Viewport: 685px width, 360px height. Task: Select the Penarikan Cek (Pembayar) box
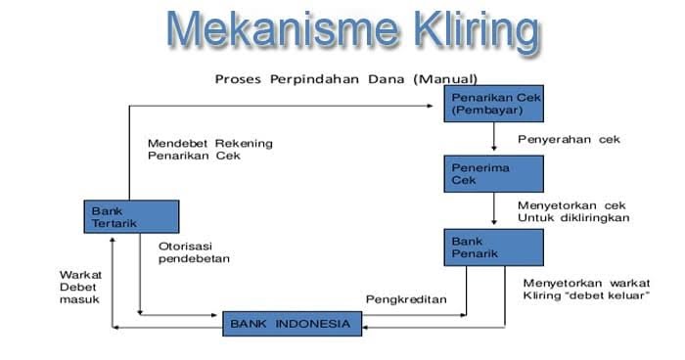click(495, 104)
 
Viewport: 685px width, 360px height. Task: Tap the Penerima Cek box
click(495, 173)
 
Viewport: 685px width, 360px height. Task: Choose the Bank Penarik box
click(495, 247)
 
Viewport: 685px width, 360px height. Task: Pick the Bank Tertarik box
click(131, 216)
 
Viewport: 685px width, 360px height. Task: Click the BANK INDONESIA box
click(288, 322)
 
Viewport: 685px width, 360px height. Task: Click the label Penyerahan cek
click(569, 139)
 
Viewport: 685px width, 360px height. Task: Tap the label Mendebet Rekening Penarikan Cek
click(209, 149)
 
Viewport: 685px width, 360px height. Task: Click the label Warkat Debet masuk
click(81, 288)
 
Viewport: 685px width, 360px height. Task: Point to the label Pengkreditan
click(405, 298)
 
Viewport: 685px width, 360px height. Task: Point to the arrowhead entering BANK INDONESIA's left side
click(215, 315)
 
